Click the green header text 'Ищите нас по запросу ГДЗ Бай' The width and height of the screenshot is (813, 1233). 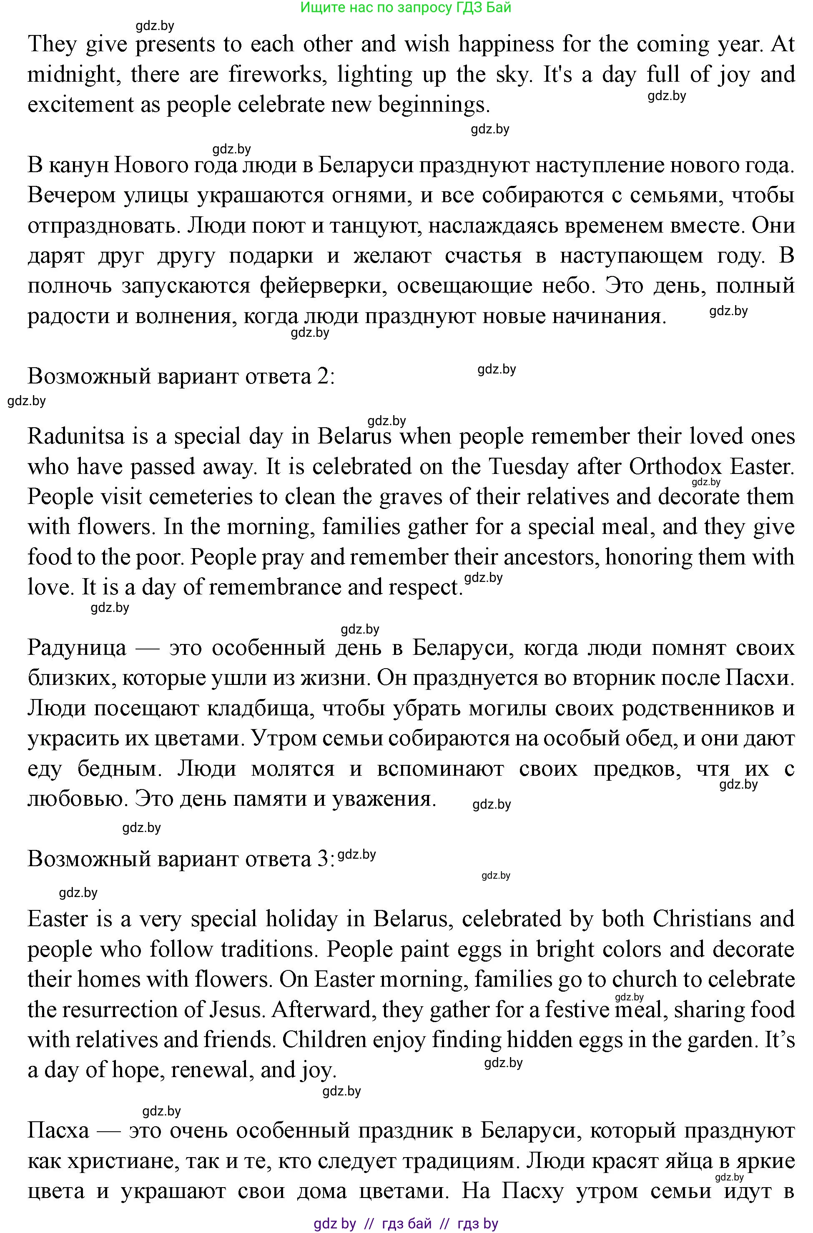coord(406,7)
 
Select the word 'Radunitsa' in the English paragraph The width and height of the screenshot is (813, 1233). coord(76,436)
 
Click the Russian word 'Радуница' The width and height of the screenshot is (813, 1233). coord(77,648)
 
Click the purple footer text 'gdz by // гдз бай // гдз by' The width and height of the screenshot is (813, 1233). coord(406,1224)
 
